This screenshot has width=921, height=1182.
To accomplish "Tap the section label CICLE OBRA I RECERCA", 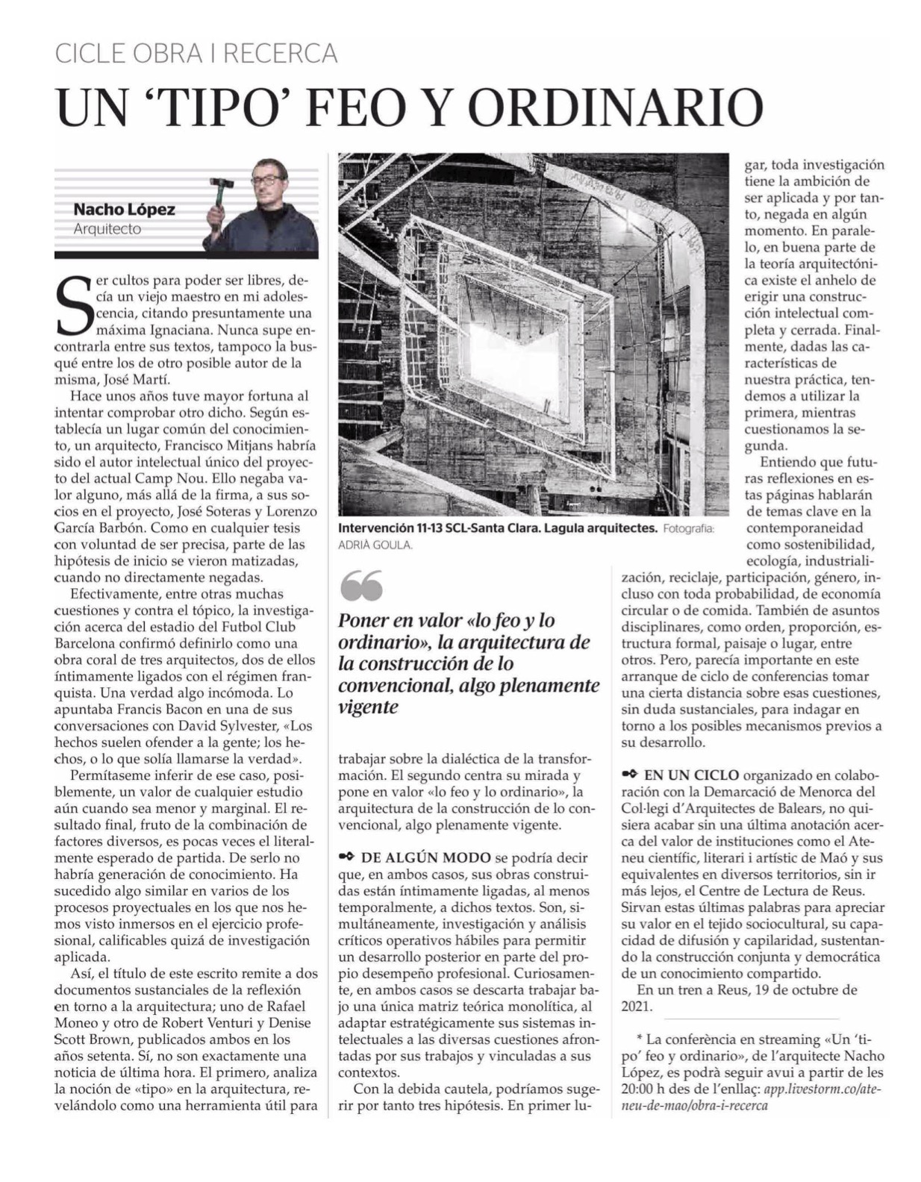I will point(197,54).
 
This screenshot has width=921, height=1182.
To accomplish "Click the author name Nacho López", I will point(125,210).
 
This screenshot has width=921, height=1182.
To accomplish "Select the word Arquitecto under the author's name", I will point(107,229).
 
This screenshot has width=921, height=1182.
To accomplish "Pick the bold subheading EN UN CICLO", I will point(691,775).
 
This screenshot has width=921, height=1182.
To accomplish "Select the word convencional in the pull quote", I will point(394,685).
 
